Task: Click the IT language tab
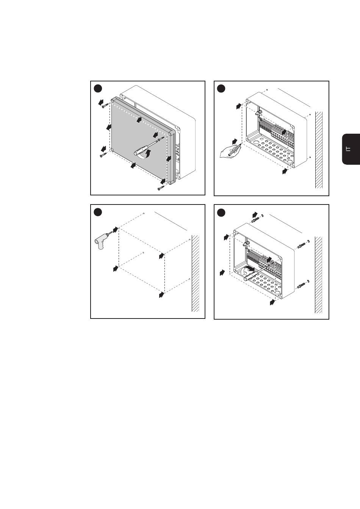[x=351, y=149]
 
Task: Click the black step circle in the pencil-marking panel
[x=221, y=89]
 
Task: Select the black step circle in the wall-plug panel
[x=221, y=212]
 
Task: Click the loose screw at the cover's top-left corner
[x=105, y=105]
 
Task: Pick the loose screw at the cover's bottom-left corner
[x=103, y=155]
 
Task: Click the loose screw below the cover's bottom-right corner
[x=161, y=188]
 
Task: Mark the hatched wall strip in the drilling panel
[x=196, y=273]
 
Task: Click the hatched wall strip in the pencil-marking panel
[x=319, y=150]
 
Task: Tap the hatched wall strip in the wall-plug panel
[x=318, y=275]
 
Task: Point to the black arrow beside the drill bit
[x=116, y=230]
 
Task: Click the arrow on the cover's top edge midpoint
[x=139, y=120]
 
